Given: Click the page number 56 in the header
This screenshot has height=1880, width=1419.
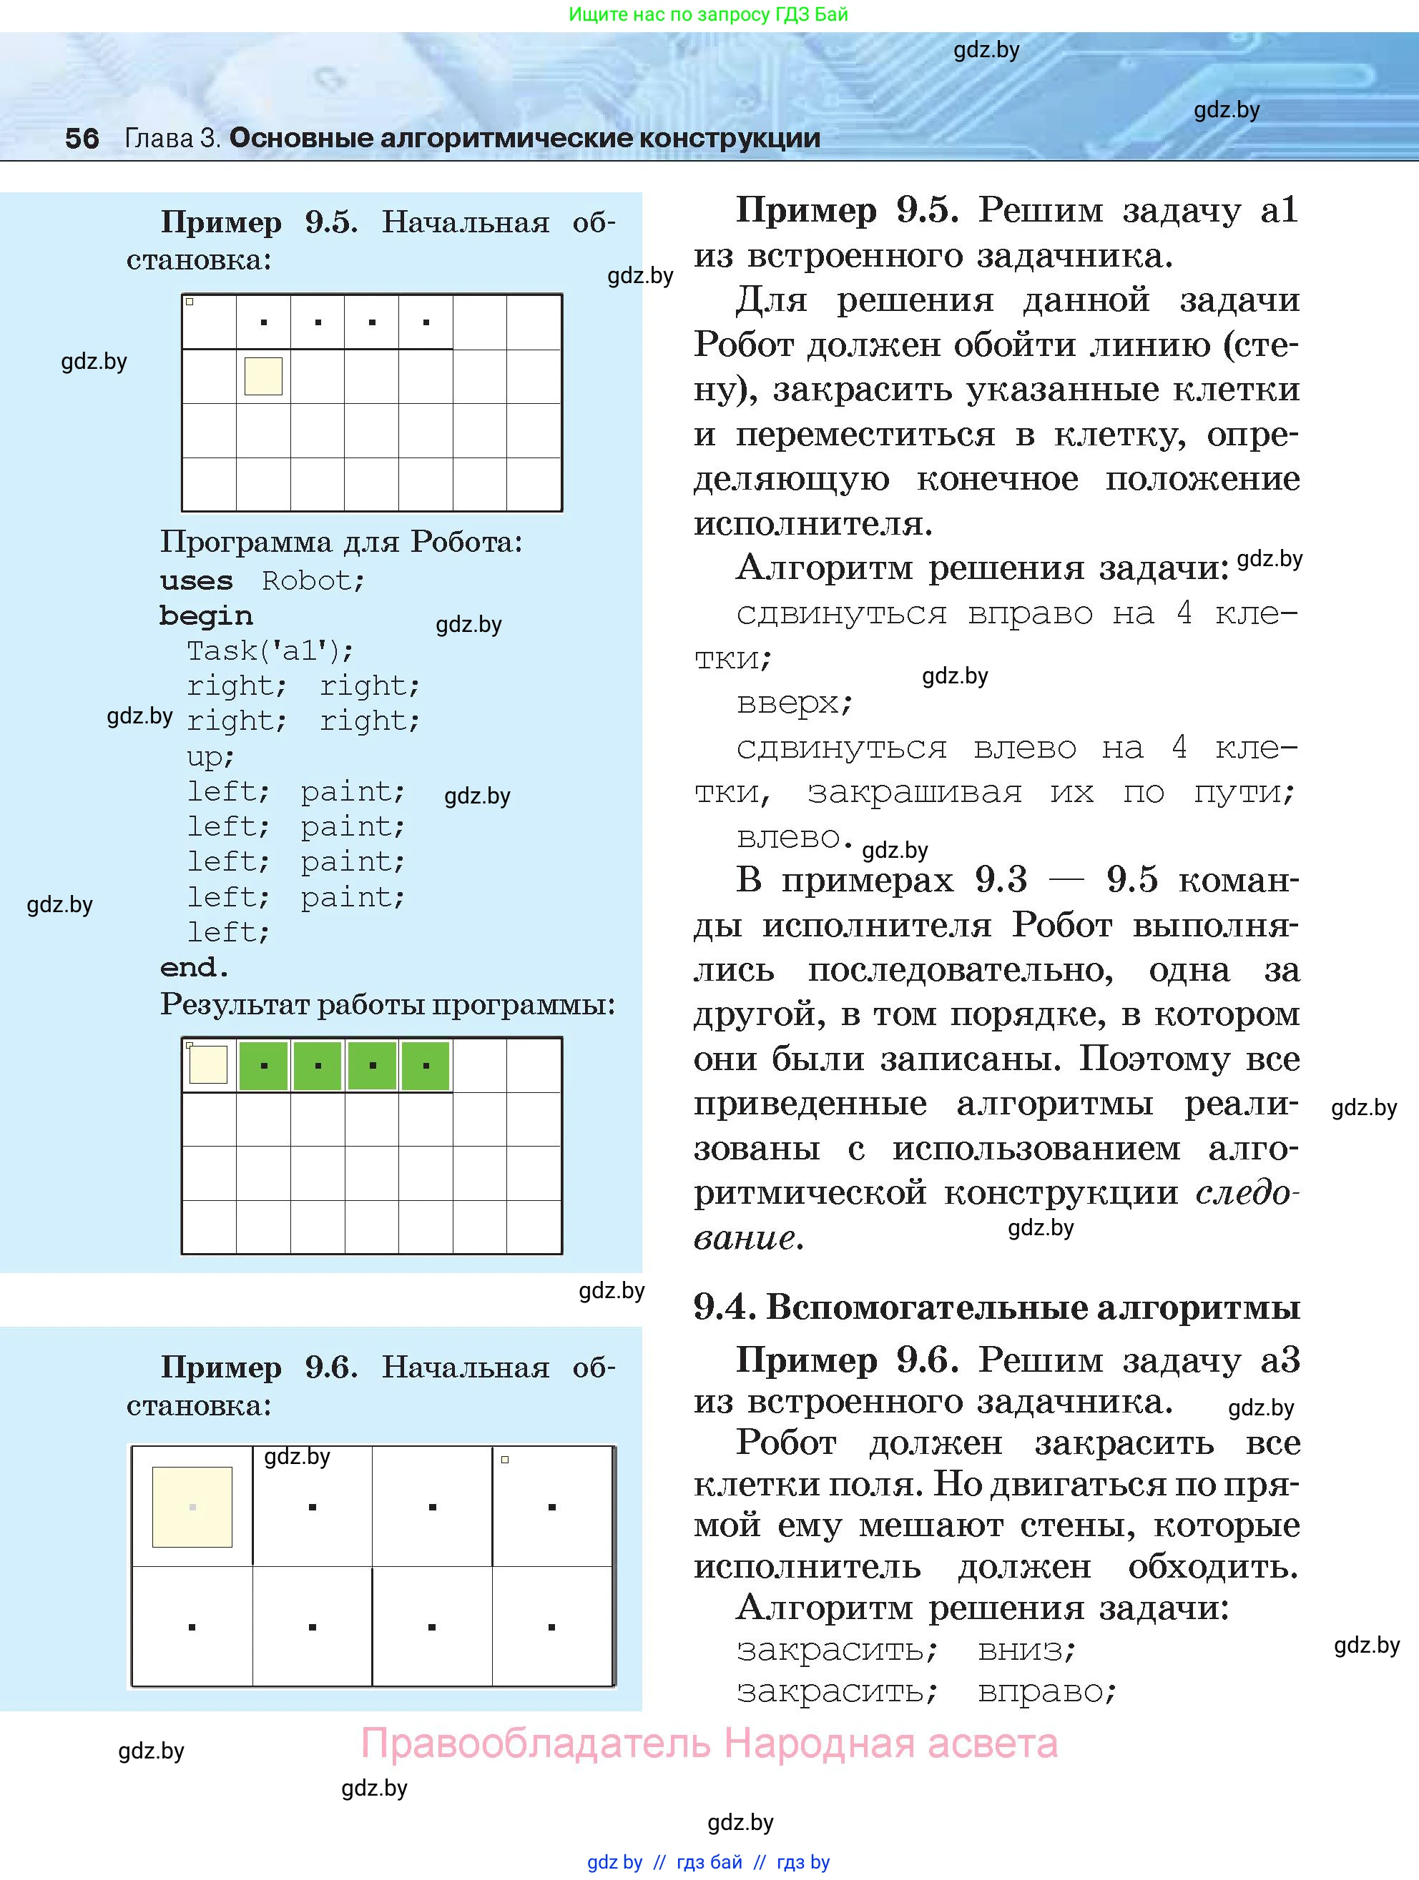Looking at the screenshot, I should click(82, 138).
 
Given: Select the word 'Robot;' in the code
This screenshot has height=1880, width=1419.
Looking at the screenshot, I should click(313, 581).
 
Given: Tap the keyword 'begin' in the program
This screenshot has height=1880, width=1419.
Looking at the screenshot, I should click(206, 616).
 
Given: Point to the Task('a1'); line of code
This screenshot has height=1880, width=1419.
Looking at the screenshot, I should click(270, 651).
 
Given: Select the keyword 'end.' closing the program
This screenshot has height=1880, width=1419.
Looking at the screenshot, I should click(195, 967).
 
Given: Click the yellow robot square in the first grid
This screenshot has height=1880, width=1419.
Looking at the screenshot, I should click(264, 376).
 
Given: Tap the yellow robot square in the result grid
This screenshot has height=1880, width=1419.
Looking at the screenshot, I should click(208, 1065).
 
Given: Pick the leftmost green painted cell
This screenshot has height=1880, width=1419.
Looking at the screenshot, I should click(264, 1066).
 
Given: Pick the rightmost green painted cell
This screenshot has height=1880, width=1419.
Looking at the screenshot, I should click(425, 1066).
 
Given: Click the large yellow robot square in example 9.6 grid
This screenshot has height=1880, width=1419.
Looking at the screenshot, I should click(192, 1507).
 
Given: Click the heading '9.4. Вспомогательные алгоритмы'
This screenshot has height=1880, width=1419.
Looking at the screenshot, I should click(996, 1308).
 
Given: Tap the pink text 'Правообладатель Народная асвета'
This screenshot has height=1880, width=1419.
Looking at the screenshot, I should click(709, 1743).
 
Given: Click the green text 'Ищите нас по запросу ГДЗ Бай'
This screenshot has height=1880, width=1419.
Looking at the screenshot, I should click(708, 14).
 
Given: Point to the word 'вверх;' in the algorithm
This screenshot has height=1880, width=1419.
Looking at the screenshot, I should click(794, 703).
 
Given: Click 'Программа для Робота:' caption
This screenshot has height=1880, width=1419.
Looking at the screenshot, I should click(341, 541).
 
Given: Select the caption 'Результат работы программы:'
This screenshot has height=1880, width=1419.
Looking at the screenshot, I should click(388, 1004).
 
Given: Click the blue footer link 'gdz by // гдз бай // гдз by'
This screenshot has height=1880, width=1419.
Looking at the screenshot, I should click(708, 1862).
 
